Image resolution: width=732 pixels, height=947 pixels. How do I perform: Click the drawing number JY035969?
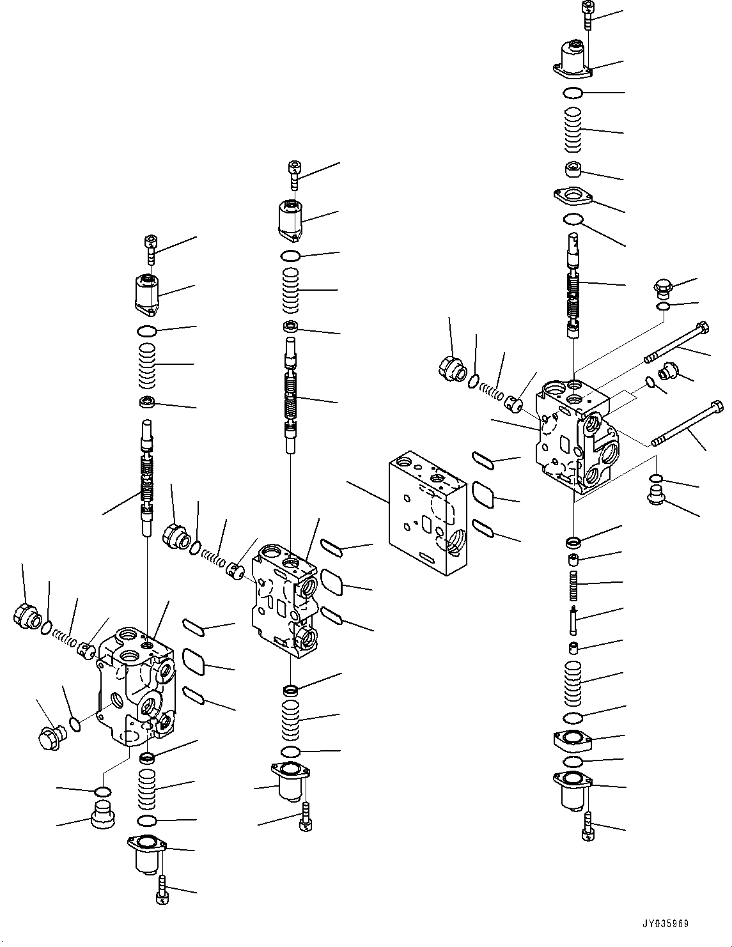666,923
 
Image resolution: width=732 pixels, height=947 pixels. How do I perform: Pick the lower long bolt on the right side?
687,425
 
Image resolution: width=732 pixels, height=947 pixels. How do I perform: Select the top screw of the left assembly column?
151,249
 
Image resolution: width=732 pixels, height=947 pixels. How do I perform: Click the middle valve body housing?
284,601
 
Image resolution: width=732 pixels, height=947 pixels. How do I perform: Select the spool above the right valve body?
573,281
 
